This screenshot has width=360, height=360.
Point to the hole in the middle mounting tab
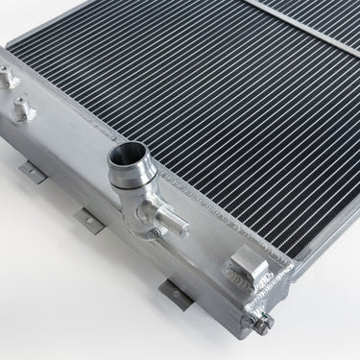click(x=87, y=218)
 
